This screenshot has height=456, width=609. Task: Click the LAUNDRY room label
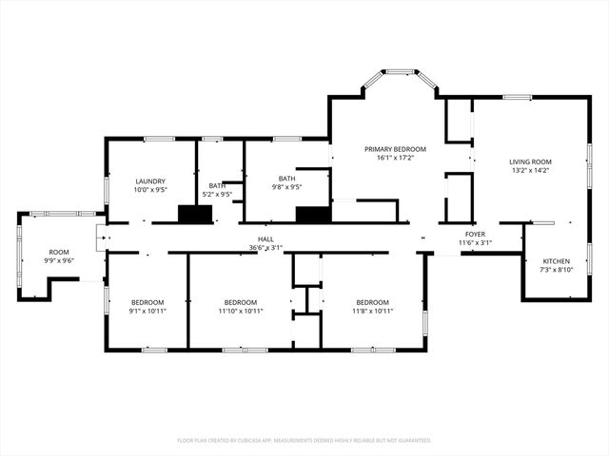150,180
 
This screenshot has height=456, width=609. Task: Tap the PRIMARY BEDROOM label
395,149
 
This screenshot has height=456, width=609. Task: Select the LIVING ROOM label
530,161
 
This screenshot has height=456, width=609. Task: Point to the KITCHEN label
557,260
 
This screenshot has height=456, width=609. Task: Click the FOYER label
476,234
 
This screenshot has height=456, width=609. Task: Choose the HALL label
266,239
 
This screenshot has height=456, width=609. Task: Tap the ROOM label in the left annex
59,252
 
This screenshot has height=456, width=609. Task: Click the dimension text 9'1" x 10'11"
147,311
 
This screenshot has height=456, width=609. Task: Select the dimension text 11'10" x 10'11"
240,311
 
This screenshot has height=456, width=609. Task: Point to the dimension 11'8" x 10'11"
373,311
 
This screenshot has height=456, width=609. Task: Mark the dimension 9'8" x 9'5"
286,187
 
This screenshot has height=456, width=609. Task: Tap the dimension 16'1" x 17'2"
395,158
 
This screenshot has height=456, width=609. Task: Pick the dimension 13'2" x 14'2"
530,170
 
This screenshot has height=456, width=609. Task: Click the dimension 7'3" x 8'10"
557,269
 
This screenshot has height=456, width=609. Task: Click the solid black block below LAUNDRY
196,215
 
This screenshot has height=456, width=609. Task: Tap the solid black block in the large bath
312,215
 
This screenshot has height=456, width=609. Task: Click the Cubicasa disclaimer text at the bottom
304,440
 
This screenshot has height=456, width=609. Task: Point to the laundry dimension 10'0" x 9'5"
150,189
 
